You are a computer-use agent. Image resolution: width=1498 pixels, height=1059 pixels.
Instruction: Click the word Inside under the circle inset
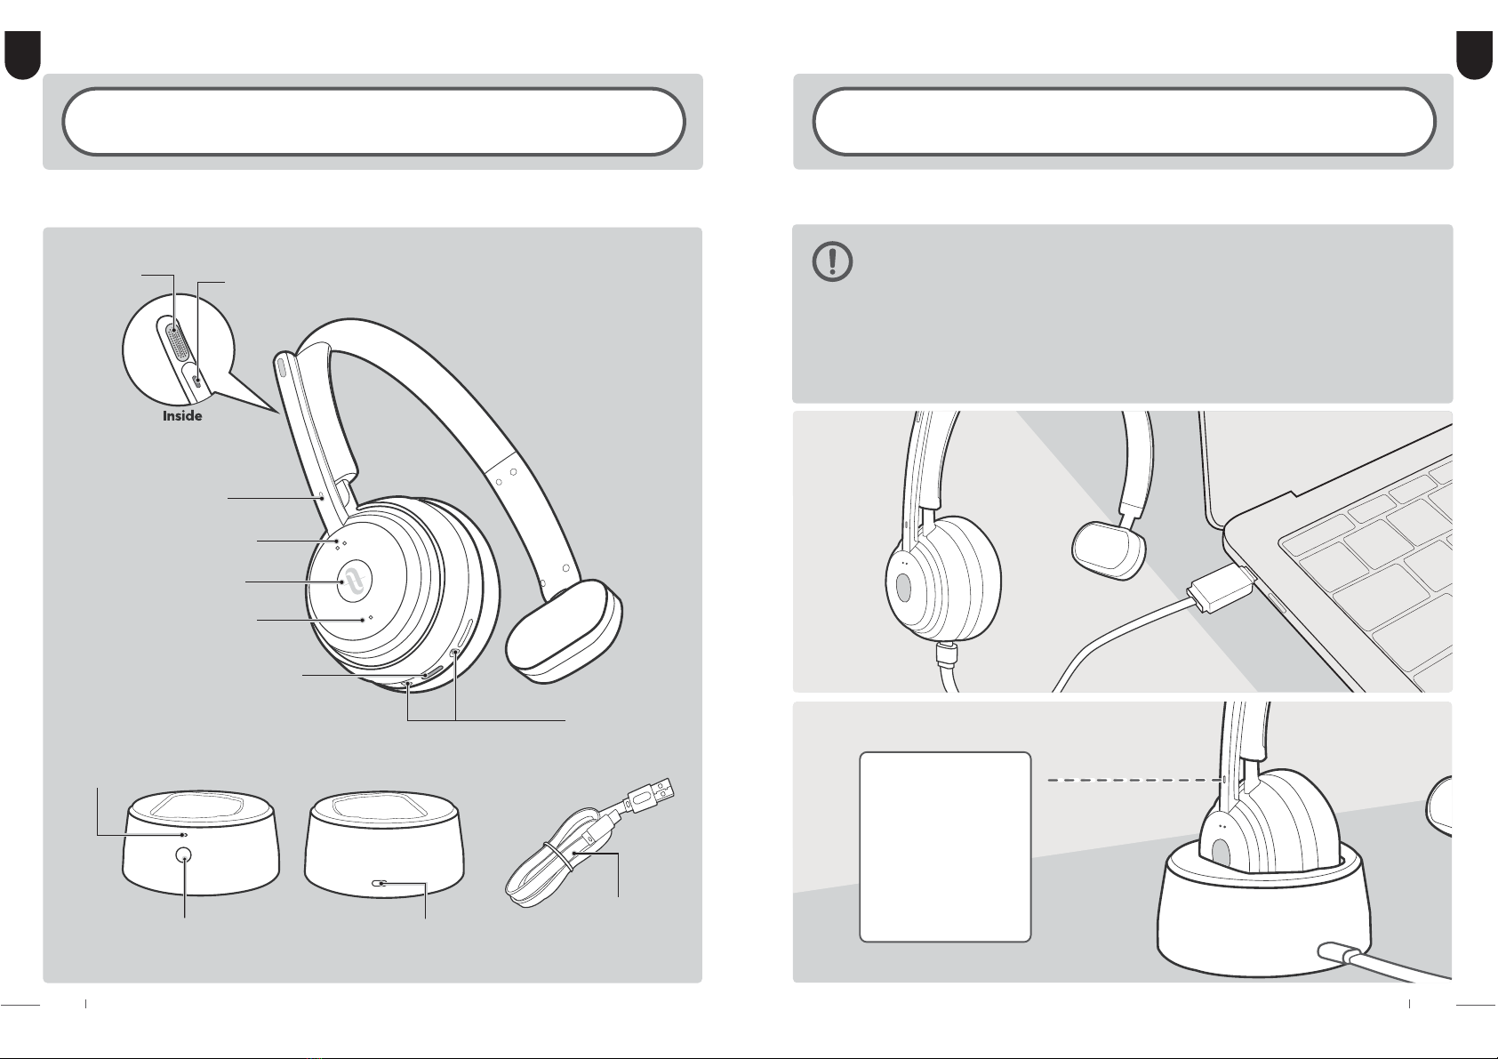[182, 415]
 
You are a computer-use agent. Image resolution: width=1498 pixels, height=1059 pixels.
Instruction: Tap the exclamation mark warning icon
[833, 261]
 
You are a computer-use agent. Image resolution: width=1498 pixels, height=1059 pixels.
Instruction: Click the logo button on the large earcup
[355, 579]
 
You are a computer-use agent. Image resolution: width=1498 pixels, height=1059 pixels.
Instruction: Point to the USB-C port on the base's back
[381, 884]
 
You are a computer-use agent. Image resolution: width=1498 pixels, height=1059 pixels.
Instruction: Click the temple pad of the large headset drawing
[565, 630]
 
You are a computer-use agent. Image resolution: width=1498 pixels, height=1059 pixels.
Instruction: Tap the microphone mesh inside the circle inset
[176, 341]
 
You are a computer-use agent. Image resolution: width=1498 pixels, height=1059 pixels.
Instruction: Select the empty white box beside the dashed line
[945, 846]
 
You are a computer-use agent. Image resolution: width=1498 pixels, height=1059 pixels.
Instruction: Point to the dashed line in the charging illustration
[1134, 780]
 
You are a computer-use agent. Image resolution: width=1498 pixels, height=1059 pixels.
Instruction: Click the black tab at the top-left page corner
[22, 55]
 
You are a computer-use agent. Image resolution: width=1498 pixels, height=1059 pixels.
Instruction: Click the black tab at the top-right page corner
[1475, 55]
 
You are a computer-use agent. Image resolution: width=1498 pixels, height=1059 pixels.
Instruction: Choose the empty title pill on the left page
[373, 122]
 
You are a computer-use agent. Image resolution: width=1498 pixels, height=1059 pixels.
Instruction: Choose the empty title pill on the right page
[1125, 122]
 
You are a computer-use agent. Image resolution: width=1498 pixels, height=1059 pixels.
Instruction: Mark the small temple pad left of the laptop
[1108, 550]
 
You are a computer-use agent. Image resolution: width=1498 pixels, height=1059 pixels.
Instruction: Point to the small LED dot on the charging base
[185, 835]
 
